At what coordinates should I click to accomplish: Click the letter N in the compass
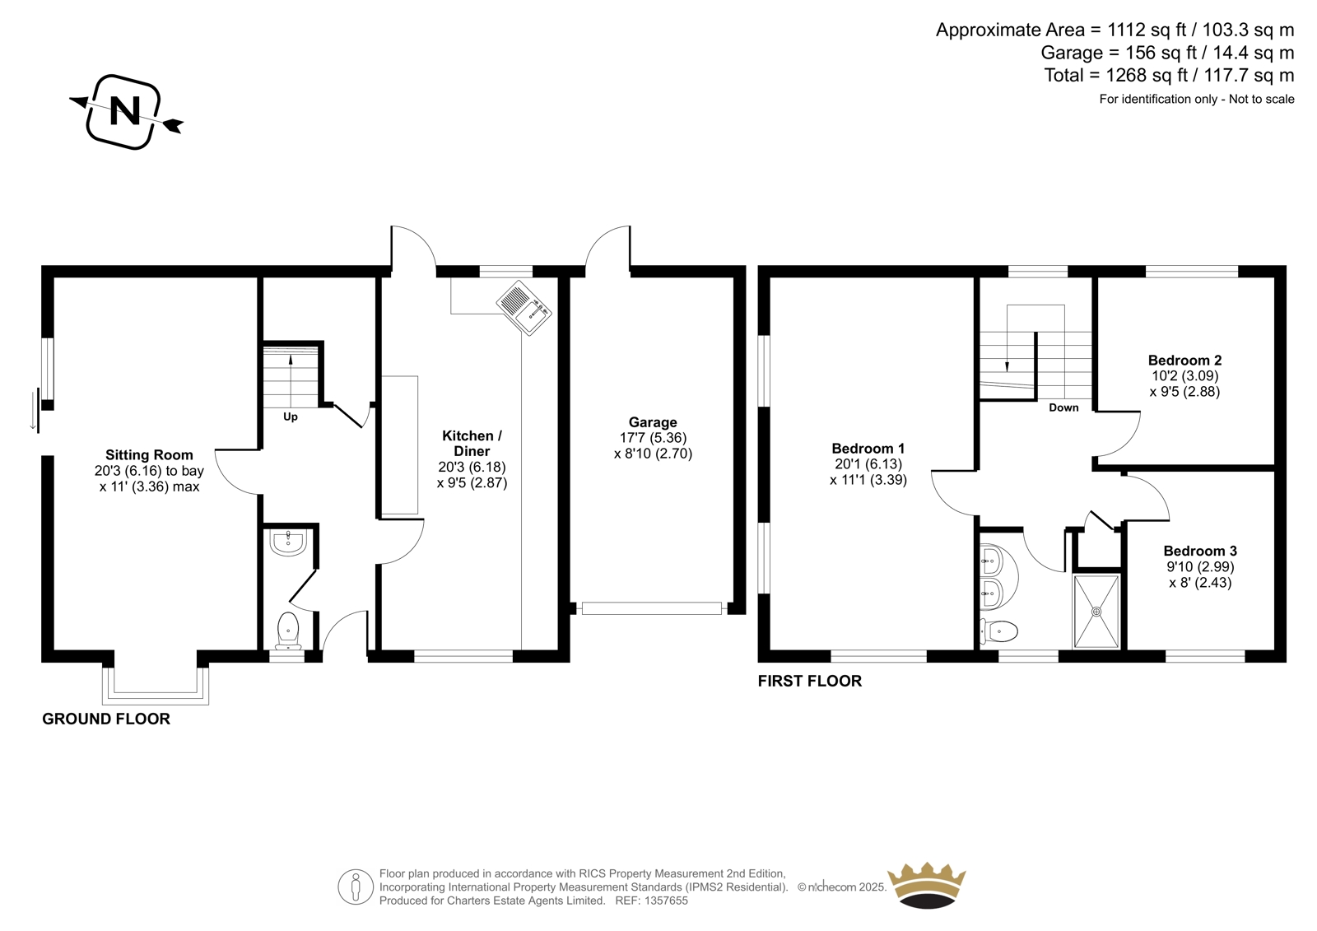click(125, 111)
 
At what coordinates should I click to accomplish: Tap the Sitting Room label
click(149, 454)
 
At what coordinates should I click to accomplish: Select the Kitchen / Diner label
click(472, 444)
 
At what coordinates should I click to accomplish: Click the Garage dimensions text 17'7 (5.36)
click(654, 438)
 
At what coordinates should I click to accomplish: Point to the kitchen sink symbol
click(524, 308)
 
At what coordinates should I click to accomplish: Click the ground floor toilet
click(288, 630)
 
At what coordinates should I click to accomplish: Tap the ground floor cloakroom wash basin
click(288, 542)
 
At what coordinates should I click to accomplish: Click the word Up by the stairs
click(291, 417)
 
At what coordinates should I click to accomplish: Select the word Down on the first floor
click(1063, 407)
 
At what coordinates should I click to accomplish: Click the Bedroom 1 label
click(868, 449)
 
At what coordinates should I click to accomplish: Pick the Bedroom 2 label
click(1184, 360)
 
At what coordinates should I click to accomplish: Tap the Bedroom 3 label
click(1200, 551)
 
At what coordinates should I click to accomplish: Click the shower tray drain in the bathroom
click(1096, 612)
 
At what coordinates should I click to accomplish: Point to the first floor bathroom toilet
click(999, 632)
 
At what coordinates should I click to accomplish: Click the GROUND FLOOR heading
click(106, 719)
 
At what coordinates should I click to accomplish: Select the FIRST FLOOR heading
click(810, 681)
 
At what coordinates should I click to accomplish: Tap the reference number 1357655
click(665, 901)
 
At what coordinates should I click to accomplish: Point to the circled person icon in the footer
click(355, 887)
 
